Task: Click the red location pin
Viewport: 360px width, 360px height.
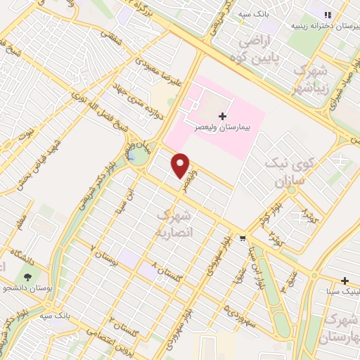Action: coord(181,165)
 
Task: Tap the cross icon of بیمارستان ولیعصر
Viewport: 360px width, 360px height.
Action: coord(223,116)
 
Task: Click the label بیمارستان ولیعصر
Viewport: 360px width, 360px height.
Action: coord(224,130)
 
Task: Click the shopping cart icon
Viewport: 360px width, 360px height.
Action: coord(242,238)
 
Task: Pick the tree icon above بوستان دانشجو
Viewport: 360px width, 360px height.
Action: coord(27,276)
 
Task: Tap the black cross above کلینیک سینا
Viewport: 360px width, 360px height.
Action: coord(345,280)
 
